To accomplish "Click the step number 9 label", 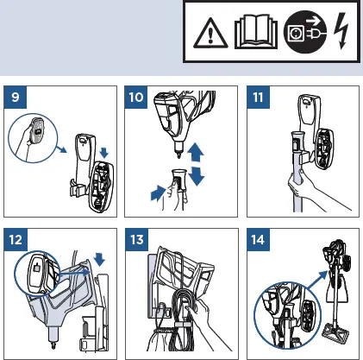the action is [16, 98].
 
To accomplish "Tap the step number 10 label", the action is [136, 98].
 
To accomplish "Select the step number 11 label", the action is [258, 98].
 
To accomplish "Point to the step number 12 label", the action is [16, 239].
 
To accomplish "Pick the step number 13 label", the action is [137, 239].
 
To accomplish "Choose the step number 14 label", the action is [258, 239].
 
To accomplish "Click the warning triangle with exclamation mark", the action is [210, 34].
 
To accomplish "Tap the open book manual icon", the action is [256, 32].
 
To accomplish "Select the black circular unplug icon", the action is [305, 32].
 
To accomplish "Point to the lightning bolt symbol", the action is [341, 31].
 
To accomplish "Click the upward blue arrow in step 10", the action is [196, 153].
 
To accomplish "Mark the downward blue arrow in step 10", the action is [197, 176].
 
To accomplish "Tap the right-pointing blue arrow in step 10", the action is [158, 193].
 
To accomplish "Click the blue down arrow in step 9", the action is [104, 153].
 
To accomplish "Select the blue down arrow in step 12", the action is [100, 259].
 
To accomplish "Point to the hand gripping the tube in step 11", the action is [299, 187].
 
